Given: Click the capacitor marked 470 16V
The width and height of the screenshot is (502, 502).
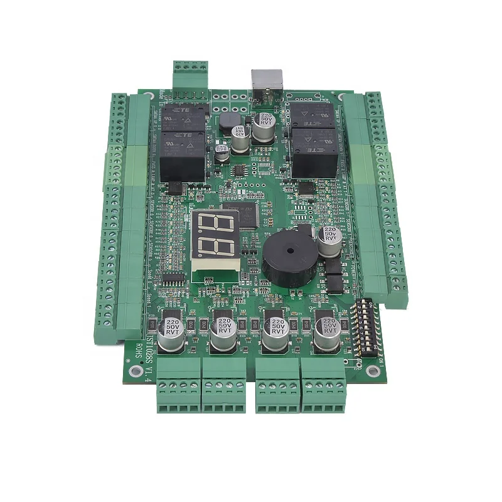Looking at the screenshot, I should tap(240, 139).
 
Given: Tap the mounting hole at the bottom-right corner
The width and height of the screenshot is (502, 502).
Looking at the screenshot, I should tap(373, 371).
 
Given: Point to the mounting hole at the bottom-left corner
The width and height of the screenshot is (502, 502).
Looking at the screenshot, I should tap(134, 371).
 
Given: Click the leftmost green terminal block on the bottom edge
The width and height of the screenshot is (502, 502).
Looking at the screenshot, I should tap(177, 383).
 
